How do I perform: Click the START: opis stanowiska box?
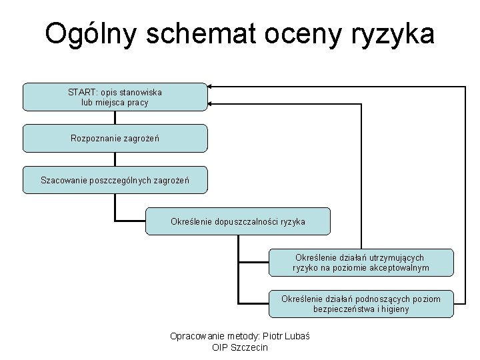pos(115,97)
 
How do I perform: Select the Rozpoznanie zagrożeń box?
pos(115,138)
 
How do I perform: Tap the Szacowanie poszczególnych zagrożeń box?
pos(115,180)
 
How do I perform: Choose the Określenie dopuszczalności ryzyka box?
pos(237,221)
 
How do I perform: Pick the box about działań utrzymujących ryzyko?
pos(361,263)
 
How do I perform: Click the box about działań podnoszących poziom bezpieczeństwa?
pos(361,304)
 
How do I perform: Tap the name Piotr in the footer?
pos(267,335)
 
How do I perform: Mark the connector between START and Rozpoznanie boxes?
pos(115,117)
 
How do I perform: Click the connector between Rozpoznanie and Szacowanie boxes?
pos(115,159)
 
